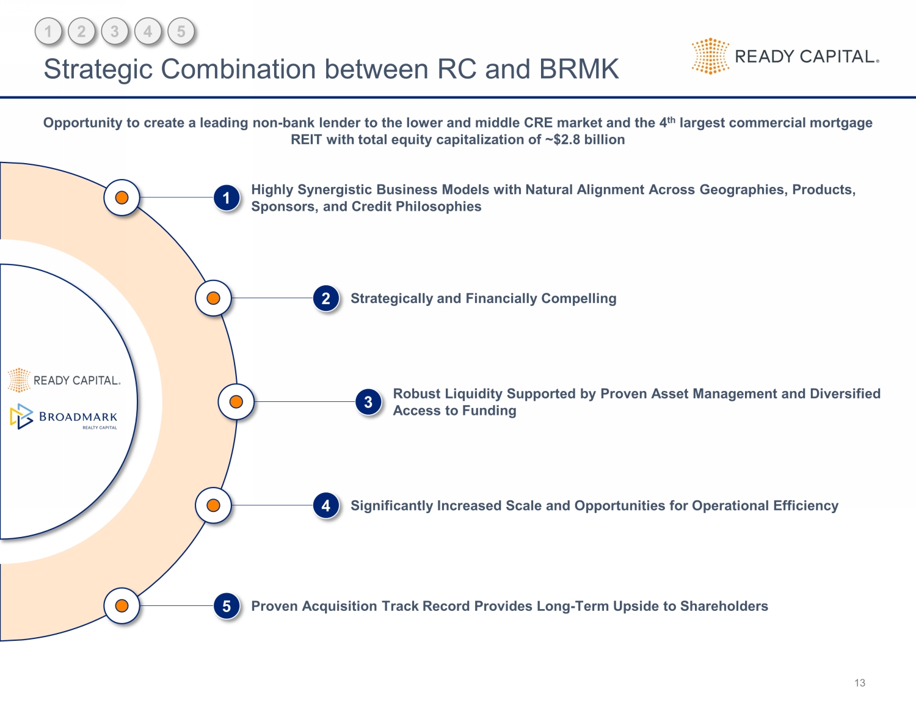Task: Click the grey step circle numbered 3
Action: [x=115, y=32]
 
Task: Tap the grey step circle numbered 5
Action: [x=181, y=32]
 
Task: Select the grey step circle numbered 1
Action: [x=49, y=32]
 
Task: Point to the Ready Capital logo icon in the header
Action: [x=710, y=56]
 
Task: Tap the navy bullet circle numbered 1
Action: [x=227, y=198]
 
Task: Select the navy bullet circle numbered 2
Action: [x=326, y=299]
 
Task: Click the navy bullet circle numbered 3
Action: [x=368, y=402]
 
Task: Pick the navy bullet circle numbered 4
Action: [x=326, y=506]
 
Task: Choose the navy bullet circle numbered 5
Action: [x=227, y=606]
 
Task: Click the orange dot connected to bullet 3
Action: [x=236, y=402]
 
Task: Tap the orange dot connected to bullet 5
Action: [x=122, y=606]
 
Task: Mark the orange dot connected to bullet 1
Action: [x=122, y=198]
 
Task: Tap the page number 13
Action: [x=860, y=683]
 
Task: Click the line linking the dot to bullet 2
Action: [x=272, y=298]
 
